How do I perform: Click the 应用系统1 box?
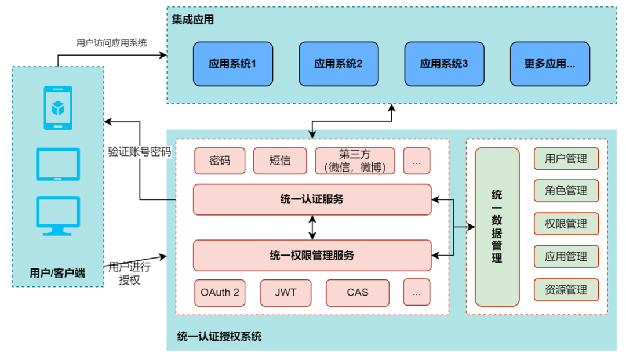232,64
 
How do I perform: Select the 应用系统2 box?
339,64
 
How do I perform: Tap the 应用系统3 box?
444,64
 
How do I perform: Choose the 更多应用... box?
549,64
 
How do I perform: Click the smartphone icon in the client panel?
59,108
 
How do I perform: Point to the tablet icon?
59,164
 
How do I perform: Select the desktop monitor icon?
59,215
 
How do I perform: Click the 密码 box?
220,161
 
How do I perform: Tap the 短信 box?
280,161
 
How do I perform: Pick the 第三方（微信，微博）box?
355,161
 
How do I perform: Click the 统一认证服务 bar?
312,199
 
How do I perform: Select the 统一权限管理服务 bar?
312,255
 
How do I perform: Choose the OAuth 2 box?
220,293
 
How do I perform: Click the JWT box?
286,293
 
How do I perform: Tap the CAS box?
357,293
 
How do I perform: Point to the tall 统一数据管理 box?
497,227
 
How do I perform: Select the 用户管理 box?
566,159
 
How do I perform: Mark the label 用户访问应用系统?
111,43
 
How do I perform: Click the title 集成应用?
193,20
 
